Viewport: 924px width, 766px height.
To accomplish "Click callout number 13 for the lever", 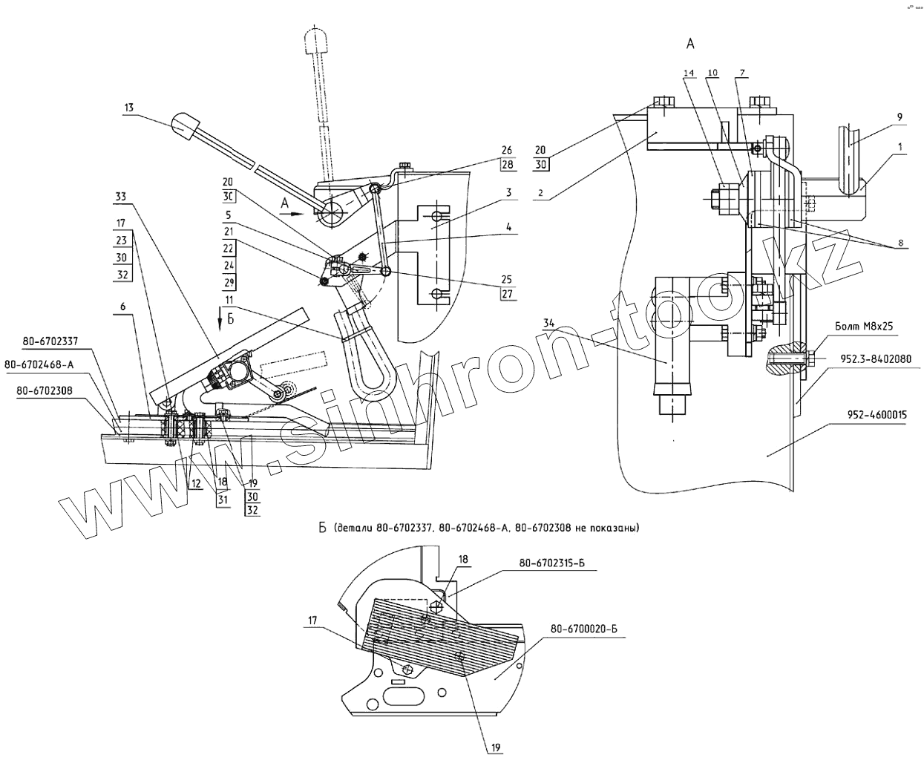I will click(129, 108).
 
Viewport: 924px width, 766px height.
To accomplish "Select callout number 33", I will click(120, 197).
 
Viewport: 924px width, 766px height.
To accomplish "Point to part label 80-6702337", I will click(50, 342).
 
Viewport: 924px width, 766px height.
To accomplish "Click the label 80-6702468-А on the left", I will click(39, 364).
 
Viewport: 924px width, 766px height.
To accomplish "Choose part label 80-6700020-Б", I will click(584, 629).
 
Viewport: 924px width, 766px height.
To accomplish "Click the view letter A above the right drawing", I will click(690, 45).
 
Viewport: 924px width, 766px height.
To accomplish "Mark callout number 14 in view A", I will click(688, 73).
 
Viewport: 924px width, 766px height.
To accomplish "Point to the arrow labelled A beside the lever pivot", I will click(291, 210).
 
